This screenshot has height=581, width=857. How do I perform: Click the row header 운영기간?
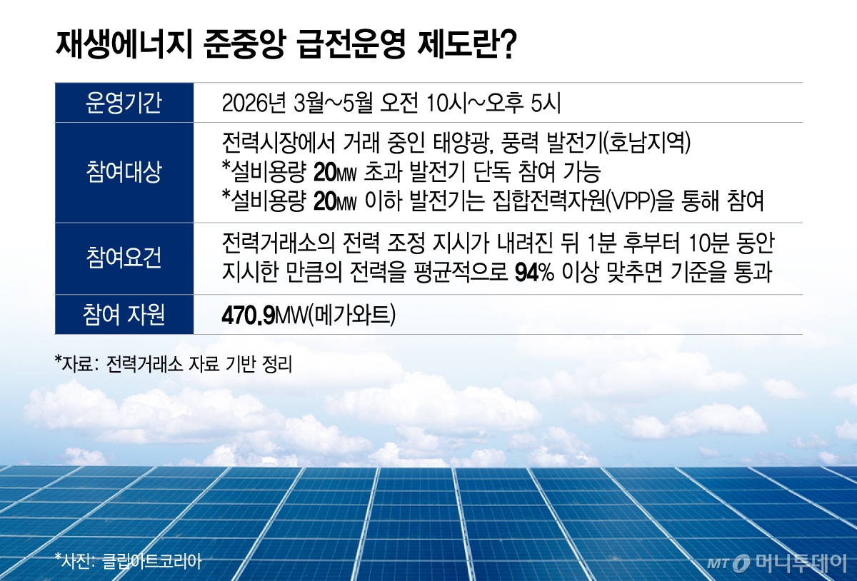124,103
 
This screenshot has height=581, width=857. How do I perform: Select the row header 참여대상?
124,173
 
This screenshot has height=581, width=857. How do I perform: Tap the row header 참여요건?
124,258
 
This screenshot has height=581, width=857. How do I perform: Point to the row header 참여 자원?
124,315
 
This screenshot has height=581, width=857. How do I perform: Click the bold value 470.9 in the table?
249,315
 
